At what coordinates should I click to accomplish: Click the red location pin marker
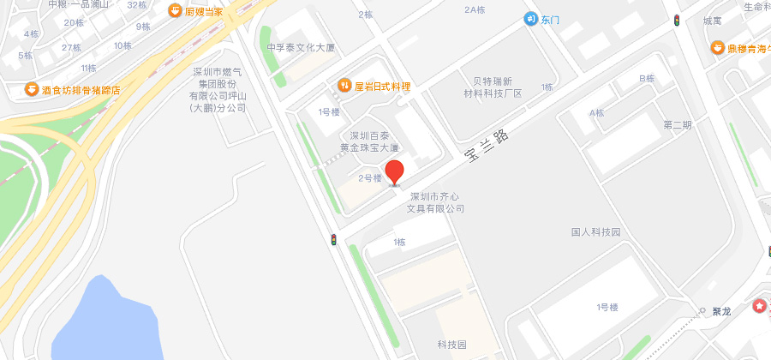click(394, 171)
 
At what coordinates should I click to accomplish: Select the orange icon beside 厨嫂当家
click(175, 11)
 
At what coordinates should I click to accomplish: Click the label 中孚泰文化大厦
click(301, 48)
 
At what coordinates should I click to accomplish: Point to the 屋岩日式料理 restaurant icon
click(344, 86)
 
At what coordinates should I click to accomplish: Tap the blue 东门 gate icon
click(531, 20)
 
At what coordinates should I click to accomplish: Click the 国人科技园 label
click(595, 232)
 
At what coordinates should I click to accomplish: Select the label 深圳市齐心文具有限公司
click(437, 201)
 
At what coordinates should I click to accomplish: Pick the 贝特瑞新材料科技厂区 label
click(493, 87)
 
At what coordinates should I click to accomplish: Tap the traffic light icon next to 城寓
click(677, 21)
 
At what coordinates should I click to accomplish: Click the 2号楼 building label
click(369, 178)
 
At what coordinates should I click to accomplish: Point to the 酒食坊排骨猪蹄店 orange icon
click(32, 89)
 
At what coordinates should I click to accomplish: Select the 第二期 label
click(677, 125)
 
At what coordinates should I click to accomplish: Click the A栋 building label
click(596, 113)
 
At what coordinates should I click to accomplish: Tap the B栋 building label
click(647, 79)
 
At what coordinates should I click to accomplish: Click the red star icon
click(758, 306)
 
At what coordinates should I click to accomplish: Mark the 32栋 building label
click(137, 4)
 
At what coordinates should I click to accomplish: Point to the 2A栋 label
click(475, 9)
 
